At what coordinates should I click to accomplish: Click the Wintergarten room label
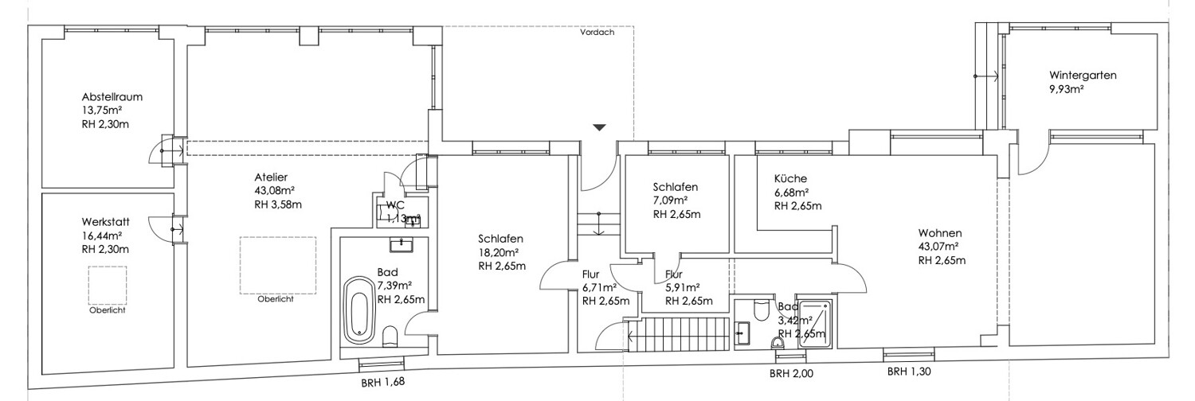1083,75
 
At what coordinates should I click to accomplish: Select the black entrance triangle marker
600,127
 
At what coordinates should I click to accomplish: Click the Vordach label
597,32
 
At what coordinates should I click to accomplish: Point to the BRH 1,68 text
382,383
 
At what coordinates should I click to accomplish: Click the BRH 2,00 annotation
791,374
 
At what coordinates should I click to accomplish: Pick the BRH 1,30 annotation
909,372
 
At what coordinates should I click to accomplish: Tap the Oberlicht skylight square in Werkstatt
108,285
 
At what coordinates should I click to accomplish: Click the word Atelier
271,177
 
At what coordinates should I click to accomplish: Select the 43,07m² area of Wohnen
938,247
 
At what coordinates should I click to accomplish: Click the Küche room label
790,179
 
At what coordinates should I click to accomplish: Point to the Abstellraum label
112,97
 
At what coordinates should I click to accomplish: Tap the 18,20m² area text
499,252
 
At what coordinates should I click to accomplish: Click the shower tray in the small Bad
815,324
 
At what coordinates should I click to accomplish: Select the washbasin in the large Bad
402,245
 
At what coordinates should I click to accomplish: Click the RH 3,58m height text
278,204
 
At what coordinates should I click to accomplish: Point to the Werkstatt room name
106,222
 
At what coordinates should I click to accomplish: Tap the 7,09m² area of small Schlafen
670,200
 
